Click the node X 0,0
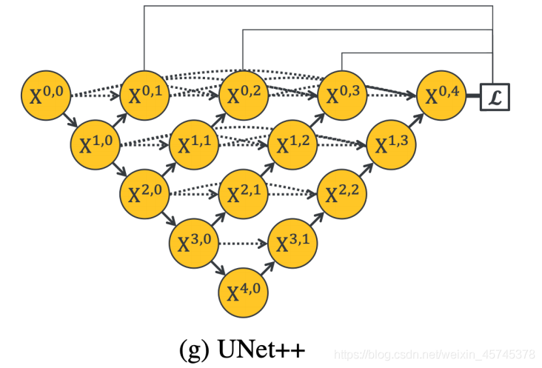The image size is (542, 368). coord(46,95)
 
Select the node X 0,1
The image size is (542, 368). coord(144,95)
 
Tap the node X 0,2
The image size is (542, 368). coord(243,95)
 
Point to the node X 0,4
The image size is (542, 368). coord(441,95)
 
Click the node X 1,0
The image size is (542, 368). coord(95,144)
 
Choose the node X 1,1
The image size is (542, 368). coord(194,144)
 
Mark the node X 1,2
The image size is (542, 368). coord(292,144)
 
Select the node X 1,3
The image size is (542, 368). coord(391,144)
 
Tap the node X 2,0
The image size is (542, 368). coord(144,193)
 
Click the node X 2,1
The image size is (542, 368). coord(243,193)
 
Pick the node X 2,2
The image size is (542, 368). coord(341,193)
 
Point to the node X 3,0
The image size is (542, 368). coord(194,242)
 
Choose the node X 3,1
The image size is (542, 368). coord(292,242)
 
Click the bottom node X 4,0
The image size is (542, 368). coord(243,292)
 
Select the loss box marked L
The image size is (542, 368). coord(495,96)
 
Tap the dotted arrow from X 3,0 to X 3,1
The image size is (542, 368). coord(243,243)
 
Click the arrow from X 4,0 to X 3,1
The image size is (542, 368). coord(268,267)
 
